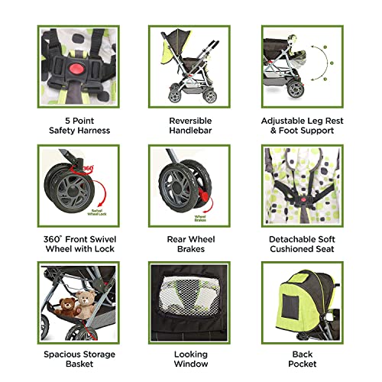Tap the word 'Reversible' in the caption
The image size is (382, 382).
pyautogui.click(x=190, y=119)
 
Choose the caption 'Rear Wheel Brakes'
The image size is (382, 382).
pyautogui.click(x=190, y=244)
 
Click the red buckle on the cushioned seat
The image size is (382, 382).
pyautogui.click(x=303, y=205)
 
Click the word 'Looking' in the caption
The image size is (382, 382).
pyautogui.click(x=190, y=354)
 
